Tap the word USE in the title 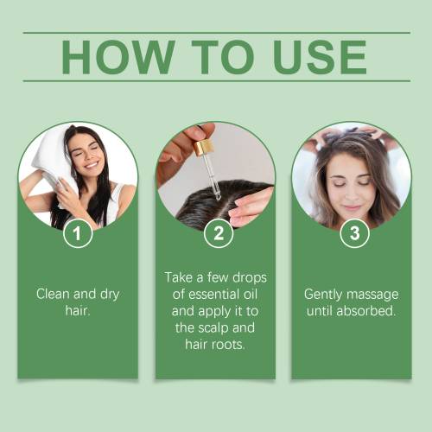(321, 57)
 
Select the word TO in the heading (223, 57)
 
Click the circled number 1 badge (78, 233)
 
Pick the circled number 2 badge (219, 233)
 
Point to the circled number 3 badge (354, 233)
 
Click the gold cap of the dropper (204, 148)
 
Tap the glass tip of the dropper (218, 197)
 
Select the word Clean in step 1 (53, 294)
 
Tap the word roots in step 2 (229, 345)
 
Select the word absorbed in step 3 (365, 311)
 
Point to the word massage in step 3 (372, 295)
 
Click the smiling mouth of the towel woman (92, 165)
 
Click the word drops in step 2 (250, 277)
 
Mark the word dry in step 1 (110, 295)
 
